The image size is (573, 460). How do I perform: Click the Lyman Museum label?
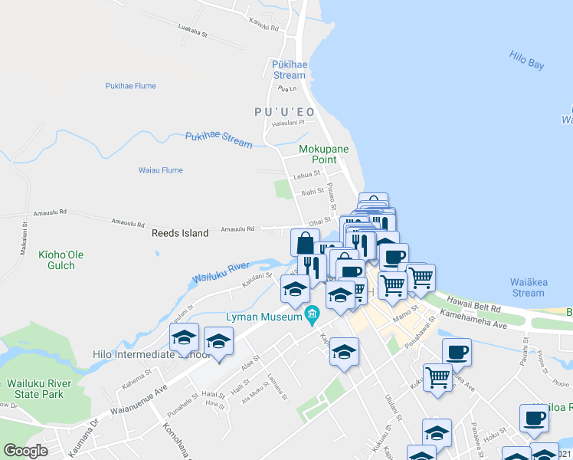[263, 316]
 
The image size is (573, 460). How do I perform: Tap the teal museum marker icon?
[312, 314]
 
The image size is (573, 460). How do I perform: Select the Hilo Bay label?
[526, 60]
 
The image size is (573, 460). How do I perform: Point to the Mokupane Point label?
[318, 153]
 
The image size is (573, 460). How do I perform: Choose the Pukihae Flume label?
[131, 86]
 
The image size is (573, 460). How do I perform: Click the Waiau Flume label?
[160, 170]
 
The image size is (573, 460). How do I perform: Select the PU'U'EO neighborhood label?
[284, 112]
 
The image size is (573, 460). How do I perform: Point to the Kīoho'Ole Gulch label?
[57, 259]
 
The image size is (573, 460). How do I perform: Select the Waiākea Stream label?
[527, 287]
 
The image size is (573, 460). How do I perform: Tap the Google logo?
[25, 451]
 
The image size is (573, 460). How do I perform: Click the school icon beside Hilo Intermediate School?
[184, 337]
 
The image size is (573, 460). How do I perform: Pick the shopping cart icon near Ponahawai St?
[437, 376]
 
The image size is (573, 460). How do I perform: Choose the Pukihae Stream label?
[218, 139]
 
